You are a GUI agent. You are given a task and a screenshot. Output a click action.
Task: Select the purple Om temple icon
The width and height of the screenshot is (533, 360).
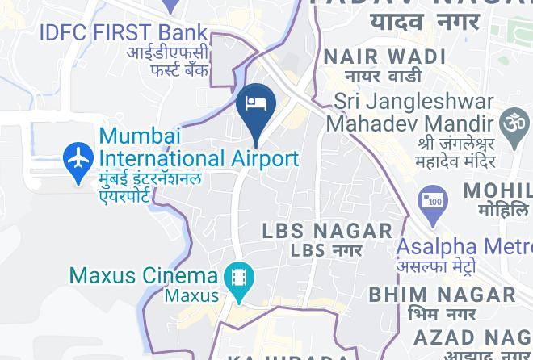(x=515, y=123)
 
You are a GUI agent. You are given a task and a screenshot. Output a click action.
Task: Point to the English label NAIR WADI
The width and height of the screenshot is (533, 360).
(x=384, y=57)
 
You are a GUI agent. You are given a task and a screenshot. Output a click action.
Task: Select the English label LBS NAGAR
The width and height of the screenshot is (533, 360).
(x=327, y=231)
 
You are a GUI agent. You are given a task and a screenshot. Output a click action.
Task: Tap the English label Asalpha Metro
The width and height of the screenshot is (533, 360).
(x=464, y=246)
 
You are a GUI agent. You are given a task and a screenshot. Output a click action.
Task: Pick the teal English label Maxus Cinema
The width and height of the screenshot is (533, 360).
(x=144, y=275)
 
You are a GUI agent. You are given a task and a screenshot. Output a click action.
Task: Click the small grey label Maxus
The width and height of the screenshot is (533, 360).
(x=192, y=295)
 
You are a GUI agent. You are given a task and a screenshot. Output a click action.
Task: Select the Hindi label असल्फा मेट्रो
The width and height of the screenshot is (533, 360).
(x=436, y=267)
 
